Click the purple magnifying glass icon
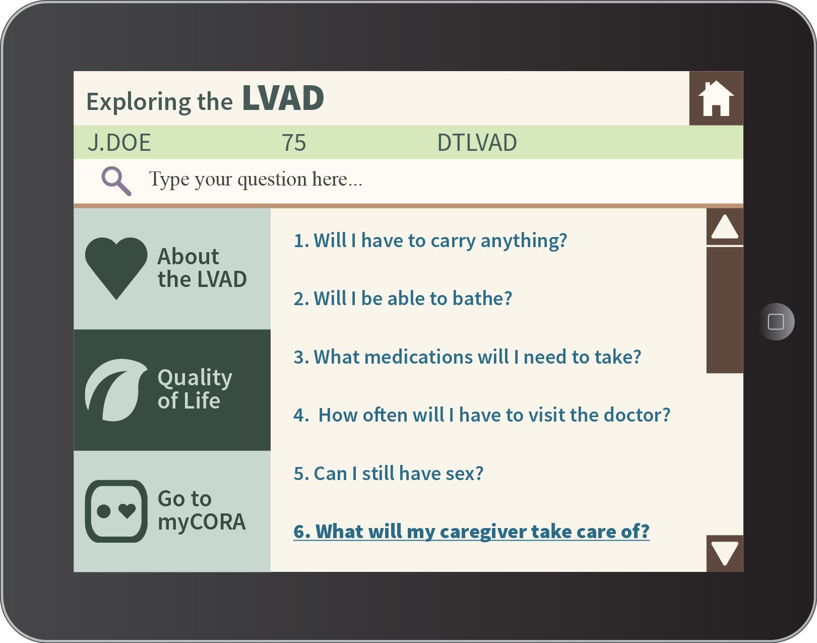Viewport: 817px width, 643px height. pyautogui.click(x=116, y=181)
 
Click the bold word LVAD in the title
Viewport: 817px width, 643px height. pyautogui.click(x=283, y=98)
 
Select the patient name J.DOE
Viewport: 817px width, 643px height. pyautogui.click(x=119, y=143)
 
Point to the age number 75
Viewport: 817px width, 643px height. pyautogui.click(x=293, y=143)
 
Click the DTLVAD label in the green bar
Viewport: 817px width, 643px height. pyautogui.click(x=477, y=143)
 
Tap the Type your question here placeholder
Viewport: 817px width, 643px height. pyautogui.click(x=256, y=179)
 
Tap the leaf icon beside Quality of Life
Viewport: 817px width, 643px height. pyautogui.click(x=116, y=390)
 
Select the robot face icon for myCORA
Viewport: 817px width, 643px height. pyautogui.click(x=116, y=511)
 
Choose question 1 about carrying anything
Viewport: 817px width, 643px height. pyautogui.click(x=430, y=241)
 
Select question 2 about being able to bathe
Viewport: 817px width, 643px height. pyautogui.click(x=403, y=299)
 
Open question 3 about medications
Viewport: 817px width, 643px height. pyautogui.click(x=467, y=357)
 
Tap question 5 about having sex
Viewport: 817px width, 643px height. pyautogui.click(x=389, y=474)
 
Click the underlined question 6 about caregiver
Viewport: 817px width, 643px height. pyautogui.click(x=472, y=531)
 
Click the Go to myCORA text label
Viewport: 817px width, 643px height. pyautogui.click(x=202, y=510)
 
